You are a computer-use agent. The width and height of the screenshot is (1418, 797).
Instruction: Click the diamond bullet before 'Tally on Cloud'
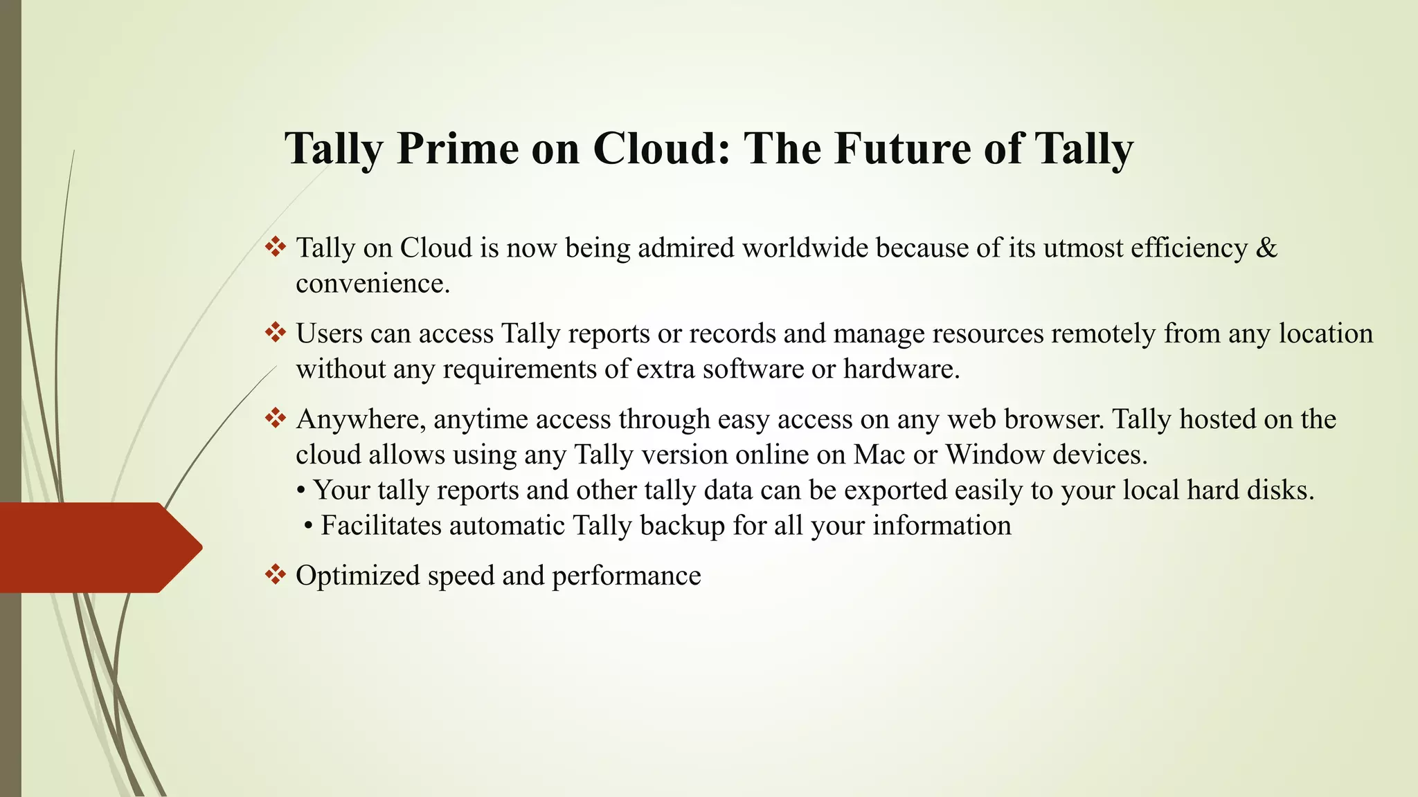click(276, 247)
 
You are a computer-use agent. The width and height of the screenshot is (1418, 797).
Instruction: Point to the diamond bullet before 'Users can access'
click(276, 333)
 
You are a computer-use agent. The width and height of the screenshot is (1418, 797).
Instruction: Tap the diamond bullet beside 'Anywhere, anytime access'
click(276, 419)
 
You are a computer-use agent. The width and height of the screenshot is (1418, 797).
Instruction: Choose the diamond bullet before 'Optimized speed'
click(276, 575)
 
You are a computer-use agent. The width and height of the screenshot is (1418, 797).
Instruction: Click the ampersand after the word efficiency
click(1266, 248)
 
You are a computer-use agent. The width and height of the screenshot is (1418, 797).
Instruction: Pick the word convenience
click(373, 284)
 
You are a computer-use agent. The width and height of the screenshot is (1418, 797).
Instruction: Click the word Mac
click(879, 455)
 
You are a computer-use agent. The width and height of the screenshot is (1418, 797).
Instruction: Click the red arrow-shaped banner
click(97, 547)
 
